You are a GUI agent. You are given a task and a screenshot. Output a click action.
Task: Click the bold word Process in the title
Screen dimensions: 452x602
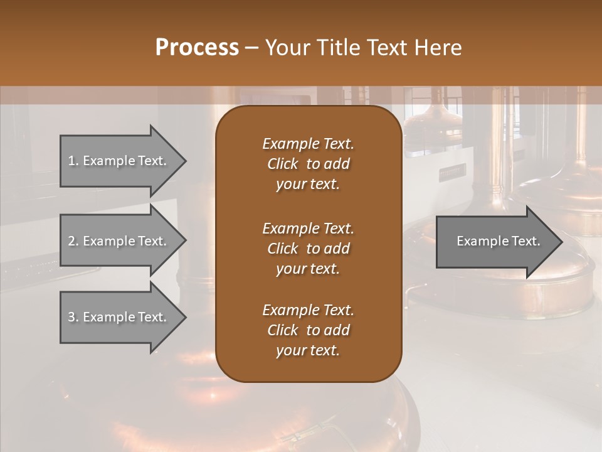[197, 48]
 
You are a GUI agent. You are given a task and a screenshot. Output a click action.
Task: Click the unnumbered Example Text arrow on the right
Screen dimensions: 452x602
[495, 242]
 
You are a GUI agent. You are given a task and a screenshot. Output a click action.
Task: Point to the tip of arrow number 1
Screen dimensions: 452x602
[184, 161]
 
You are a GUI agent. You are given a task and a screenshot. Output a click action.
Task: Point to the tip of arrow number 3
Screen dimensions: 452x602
[184, 317]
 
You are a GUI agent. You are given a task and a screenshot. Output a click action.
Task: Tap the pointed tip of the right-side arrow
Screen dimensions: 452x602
[561, 242]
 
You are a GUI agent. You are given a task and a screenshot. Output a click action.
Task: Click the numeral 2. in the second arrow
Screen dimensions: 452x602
[73, 241]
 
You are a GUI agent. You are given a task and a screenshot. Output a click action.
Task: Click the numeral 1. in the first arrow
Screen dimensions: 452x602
[73, 161]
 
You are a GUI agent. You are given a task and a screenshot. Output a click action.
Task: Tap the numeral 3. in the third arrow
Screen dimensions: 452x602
[73, 317]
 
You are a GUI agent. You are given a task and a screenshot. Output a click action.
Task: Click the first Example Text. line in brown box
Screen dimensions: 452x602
[308, 144]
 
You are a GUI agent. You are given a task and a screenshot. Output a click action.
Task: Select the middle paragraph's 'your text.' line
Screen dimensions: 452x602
[308, 269]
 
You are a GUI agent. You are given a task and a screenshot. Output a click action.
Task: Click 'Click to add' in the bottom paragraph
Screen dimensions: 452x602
[308, 330]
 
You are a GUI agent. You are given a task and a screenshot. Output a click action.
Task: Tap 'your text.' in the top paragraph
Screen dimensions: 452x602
[308, 185]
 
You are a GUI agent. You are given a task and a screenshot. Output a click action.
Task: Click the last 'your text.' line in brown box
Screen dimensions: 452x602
[308, 351]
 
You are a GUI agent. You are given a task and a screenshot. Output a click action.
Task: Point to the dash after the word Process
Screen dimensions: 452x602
[252, 48]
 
